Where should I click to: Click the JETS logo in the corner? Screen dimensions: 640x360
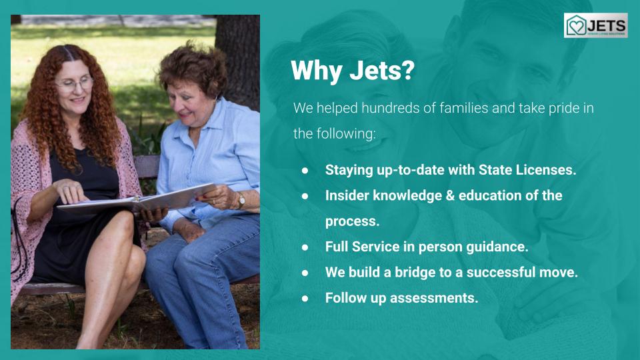point(595,25)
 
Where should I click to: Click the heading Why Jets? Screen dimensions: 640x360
point(353,70)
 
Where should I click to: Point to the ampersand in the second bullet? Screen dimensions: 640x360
point(450,195)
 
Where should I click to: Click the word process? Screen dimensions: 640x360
point(352,221)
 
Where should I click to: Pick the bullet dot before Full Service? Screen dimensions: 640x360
point(305,247)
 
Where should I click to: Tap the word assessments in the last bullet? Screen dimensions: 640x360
point(434,298)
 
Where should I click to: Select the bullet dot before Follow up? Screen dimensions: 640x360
point(305,299)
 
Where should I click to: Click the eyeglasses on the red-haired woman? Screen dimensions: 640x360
point(76,84)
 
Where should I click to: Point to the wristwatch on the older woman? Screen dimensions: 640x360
point(241,201)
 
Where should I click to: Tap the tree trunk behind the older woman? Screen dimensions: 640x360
point(237,57)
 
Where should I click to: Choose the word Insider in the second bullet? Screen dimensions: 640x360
point(347,195)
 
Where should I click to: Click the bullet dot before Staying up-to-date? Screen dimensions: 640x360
point(305,171)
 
